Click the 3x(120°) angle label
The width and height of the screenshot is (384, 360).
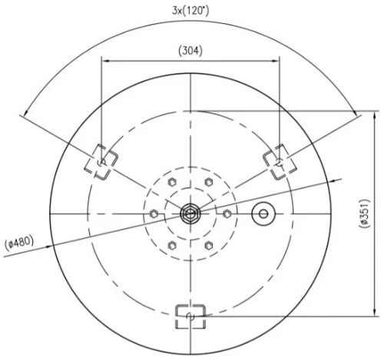coord(190,11)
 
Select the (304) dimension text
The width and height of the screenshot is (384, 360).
coord(190,51)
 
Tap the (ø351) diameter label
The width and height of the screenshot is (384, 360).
coord(365,213)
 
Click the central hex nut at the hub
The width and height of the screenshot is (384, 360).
coord(190,213)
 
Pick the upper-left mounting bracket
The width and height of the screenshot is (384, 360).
coord(101,161)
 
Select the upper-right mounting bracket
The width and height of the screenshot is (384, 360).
coord(280,161)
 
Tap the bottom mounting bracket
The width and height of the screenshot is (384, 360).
coord(190,316)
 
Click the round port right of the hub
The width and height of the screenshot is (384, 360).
coord(263,213)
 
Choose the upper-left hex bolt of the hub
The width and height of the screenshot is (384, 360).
coord(172,182)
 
